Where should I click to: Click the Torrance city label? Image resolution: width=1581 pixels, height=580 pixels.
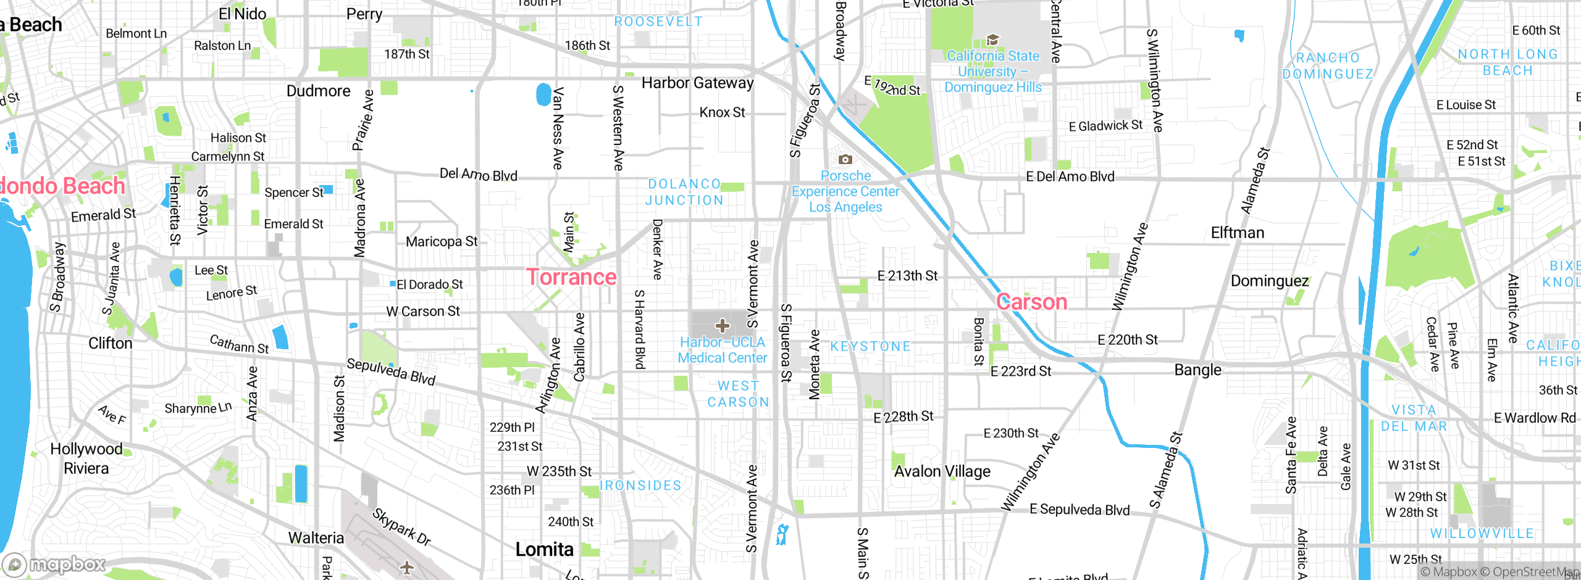click(571, 277)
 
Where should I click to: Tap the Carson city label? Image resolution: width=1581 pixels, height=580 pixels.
click(1031, 302)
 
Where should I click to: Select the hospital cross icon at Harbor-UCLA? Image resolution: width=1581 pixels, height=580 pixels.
click(722, 326)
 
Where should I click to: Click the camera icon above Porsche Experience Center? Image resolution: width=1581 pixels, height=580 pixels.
click(845, 160)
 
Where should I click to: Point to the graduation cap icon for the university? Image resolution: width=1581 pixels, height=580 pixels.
click(992, 40)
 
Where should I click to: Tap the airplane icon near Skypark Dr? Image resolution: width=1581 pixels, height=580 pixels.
click(406, 566)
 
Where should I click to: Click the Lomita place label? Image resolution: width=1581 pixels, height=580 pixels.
click(544, 549)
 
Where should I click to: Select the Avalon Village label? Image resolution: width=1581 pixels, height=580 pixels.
click(942, 471)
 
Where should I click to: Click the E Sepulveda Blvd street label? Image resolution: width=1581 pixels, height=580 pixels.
click(1079, 510)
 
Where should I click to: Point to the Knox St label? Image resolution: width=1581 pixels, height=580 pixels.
click(722, 112)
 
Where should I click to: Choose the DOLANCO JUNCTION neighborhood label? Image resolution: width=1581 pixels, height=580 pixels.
click(684, 192)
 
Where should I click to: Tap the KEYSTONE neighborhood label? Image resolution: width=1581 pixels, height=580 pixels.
click(870, 346)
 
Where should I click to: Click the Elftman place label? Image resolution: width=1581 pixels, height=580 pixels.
click(1237, 233)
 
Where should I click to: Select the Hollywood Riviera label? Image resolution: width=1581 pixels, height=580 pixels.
click(86, 458)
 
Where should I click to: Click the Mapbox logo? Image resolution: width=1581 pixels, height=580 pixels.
click(54, 564)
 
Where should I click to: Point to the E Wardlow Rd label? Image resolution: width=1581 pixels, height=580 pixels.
click(1534, 418)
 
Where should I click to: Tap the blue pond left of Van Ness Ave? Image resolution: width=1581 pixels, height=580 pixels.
click(543, 94)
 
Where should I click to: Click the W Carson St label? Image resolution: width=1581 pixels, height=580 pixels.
click(423, 312)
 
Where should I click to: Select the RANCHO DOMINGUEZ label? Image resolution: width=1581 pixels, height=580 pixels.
click(1328, 65)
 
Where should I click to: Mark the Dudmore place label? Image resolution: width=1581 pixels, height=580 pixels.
click(318, 91)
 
